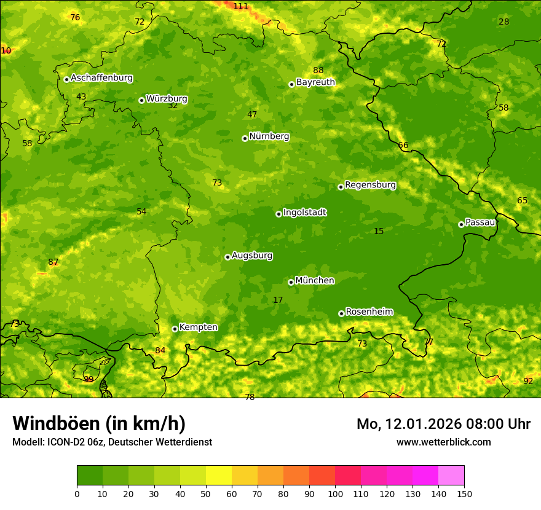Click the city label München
pyautogui.click(x=315, y=281)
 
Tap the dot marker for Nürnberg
pyautogui.click(x=245, y=138)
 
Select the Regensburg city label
pyautogui.click(x=370, y=185)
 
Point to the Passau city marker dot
pyautogui.click(x=461, y=224)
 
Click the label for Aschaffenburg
pyautogui.click(x=101, y=78)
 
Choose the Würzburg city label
pyautogui.click(x=167, y=99)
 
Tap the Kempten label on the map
pyautogui.click(x=198, y=328)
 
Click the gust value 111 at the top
pyautogui.click(x=240, y=6)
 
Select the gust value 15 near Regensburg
pyautogui.click(x=379, y=231)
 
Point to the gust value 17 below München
pyautogui.click(x=278, y=300)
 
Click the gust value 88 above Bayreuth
pyautogui.click(x=318, y=70)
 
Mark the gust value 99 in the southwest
pyautogui.click(x=89, y=379)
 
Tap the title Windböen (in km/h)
pyautogui.click(x=99, y=423)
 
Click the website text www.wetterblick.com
pyautogui.click(x=443, y=442)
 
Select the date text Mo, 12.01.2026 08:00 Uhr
pyautogui.click(x=443, y=424)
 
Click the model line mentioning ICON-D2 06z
pyautogui.click(x=112, y=442)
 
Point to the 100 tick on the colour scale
pyautogui.click(x=335, y=493)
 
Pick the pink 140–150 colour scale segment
pyautogui.click(x=451, y=476)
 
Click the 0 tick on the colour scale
pyautogui.click(x=77, y=493)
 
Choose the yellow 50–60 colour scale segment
pyautogui.click(x=219, y=476)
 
